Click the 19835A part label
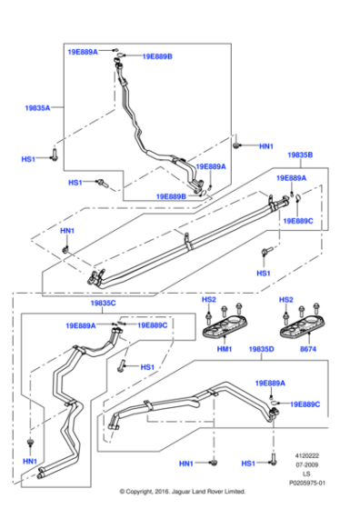tap(37, 106)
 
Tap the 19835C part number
tap(105, 304)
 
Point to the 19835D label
tap(260, 348)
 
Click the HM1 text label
tap(223, 348)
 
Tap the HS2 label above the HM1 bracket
tap(208, 299)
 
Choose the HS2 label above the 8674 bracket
tap(285, 299)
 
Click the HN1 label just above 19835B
tap(265, 146)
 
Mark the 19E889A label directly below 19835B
tap(291, 178)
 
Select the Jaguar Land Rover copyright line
tap(183, 492)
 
